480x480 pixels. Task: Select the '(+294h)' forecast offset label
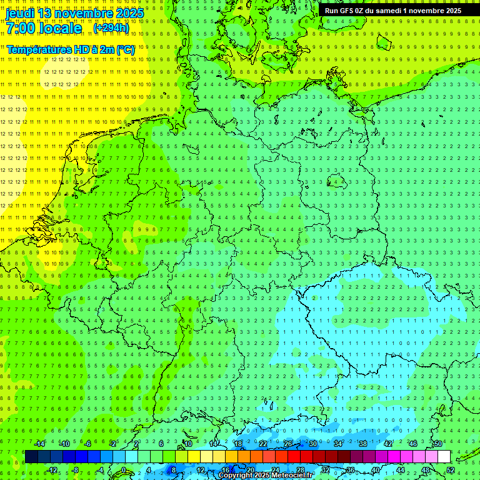[111, 28]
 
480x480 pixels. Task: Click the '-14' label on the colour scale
[39, 444]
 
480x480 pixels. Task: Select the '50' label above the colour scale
[437, 444]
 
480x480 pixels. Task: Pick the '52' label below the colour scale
[451, 471]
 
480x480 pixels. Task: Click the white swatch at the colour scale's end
[444, 457]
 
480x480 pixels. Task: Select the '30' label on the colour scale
[312, 444]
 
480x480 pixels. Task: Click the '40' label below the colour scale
[376, 471]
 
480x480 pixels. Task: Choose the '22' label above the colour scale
[263, 444]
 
